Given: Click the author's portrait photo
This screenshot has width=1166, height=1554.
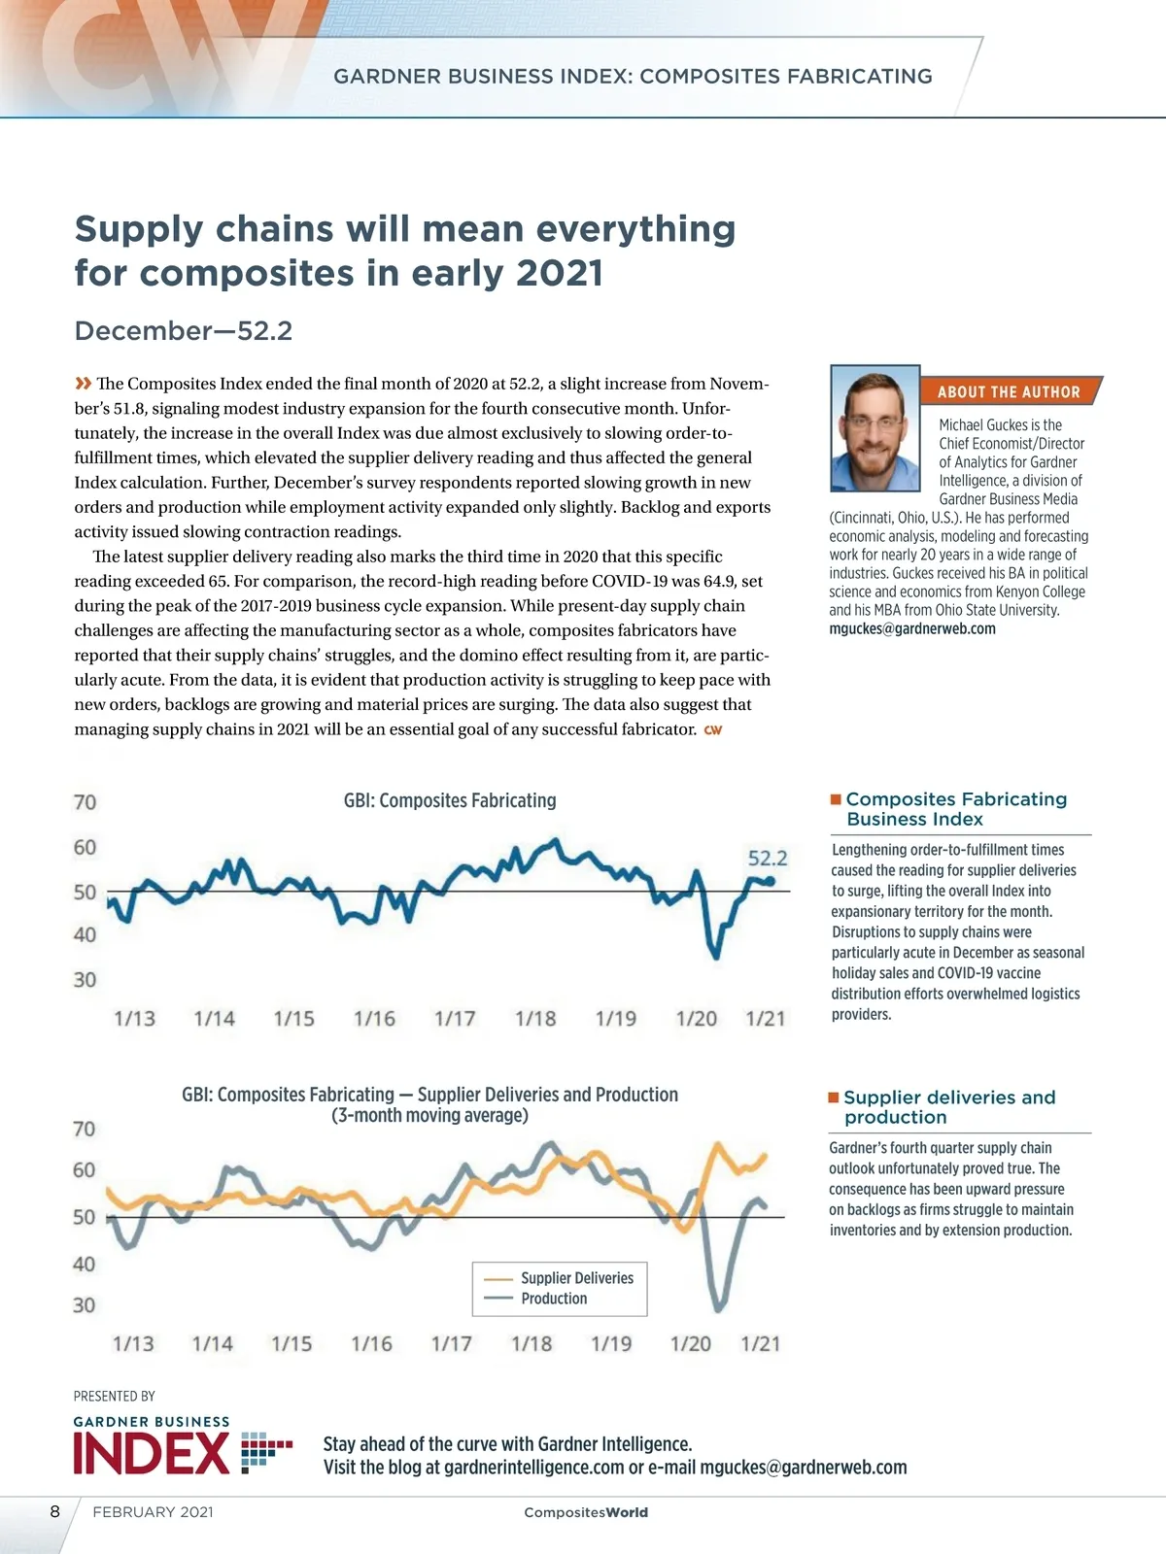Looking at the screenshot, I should click(x=874, y=428).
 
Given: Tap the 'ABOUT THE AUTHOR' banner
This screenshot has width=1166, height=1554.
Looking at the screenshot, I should click(x=1009, y=391).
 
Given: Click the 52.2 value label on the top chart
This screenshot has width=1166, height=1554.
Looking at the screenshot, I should click(x=768, y=858).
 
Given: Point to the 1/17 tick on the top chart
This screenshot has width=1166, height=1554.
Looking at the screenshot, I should click(x=455, y=1018).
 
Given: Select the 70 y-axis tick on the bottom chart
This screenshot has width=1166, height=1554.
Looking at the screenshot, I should click(x=85, y=1129).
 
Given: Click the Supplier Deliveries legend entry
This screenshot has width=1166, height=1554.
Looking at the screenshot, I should click(x=576, y=1278).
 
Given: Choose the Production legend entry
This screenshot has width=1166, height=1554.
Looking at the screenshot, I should click(x=554, y=1299).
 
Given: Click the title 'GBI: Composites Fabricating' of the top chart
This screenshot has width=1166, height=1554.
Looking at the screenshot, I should click(x=450, y=800).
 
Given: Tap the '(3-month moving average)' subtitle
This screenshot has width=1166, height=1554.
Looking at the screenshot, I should click(x=429, y=1115).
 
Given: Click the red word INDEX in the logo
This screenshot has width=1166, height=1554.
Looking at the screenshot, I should click(x=152, y=1454).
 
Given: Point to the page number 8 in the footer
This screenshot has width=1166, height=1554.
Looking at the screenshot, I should click(x=55, y=1511).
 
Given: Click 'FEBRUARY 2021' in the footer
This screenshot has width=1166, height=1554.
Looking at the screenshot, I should click(x=153, y=1512).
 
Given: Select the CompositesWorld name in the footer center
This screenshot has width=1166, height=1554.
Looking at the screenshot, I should click(x=585, y=1512).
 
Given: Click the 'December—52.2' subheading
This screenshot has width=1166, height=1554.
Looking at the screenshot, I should click(x=184, y=331).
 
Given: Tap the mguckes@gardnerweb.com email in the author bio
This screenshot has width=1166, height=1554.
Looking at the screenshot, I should click(x=912, y=628).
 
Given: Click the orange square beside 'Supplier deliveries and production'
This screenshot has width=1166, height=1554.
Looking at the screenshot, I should click(x=834, y=1098).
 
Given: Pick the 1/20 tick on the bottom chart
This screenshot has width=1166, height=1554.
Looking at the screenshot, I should click(x=691, y=1343).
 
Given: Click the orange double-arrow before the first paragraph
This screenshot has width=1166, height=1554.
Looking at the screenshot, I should click(x=84, y=383).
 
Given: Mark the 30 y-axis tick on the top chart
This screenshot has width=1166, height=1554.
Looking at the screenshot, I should click(x=86, y=979).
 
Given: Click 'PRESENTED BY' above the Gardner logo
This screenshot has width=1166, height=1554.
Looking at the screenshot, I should click(x=115, y=1396).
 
